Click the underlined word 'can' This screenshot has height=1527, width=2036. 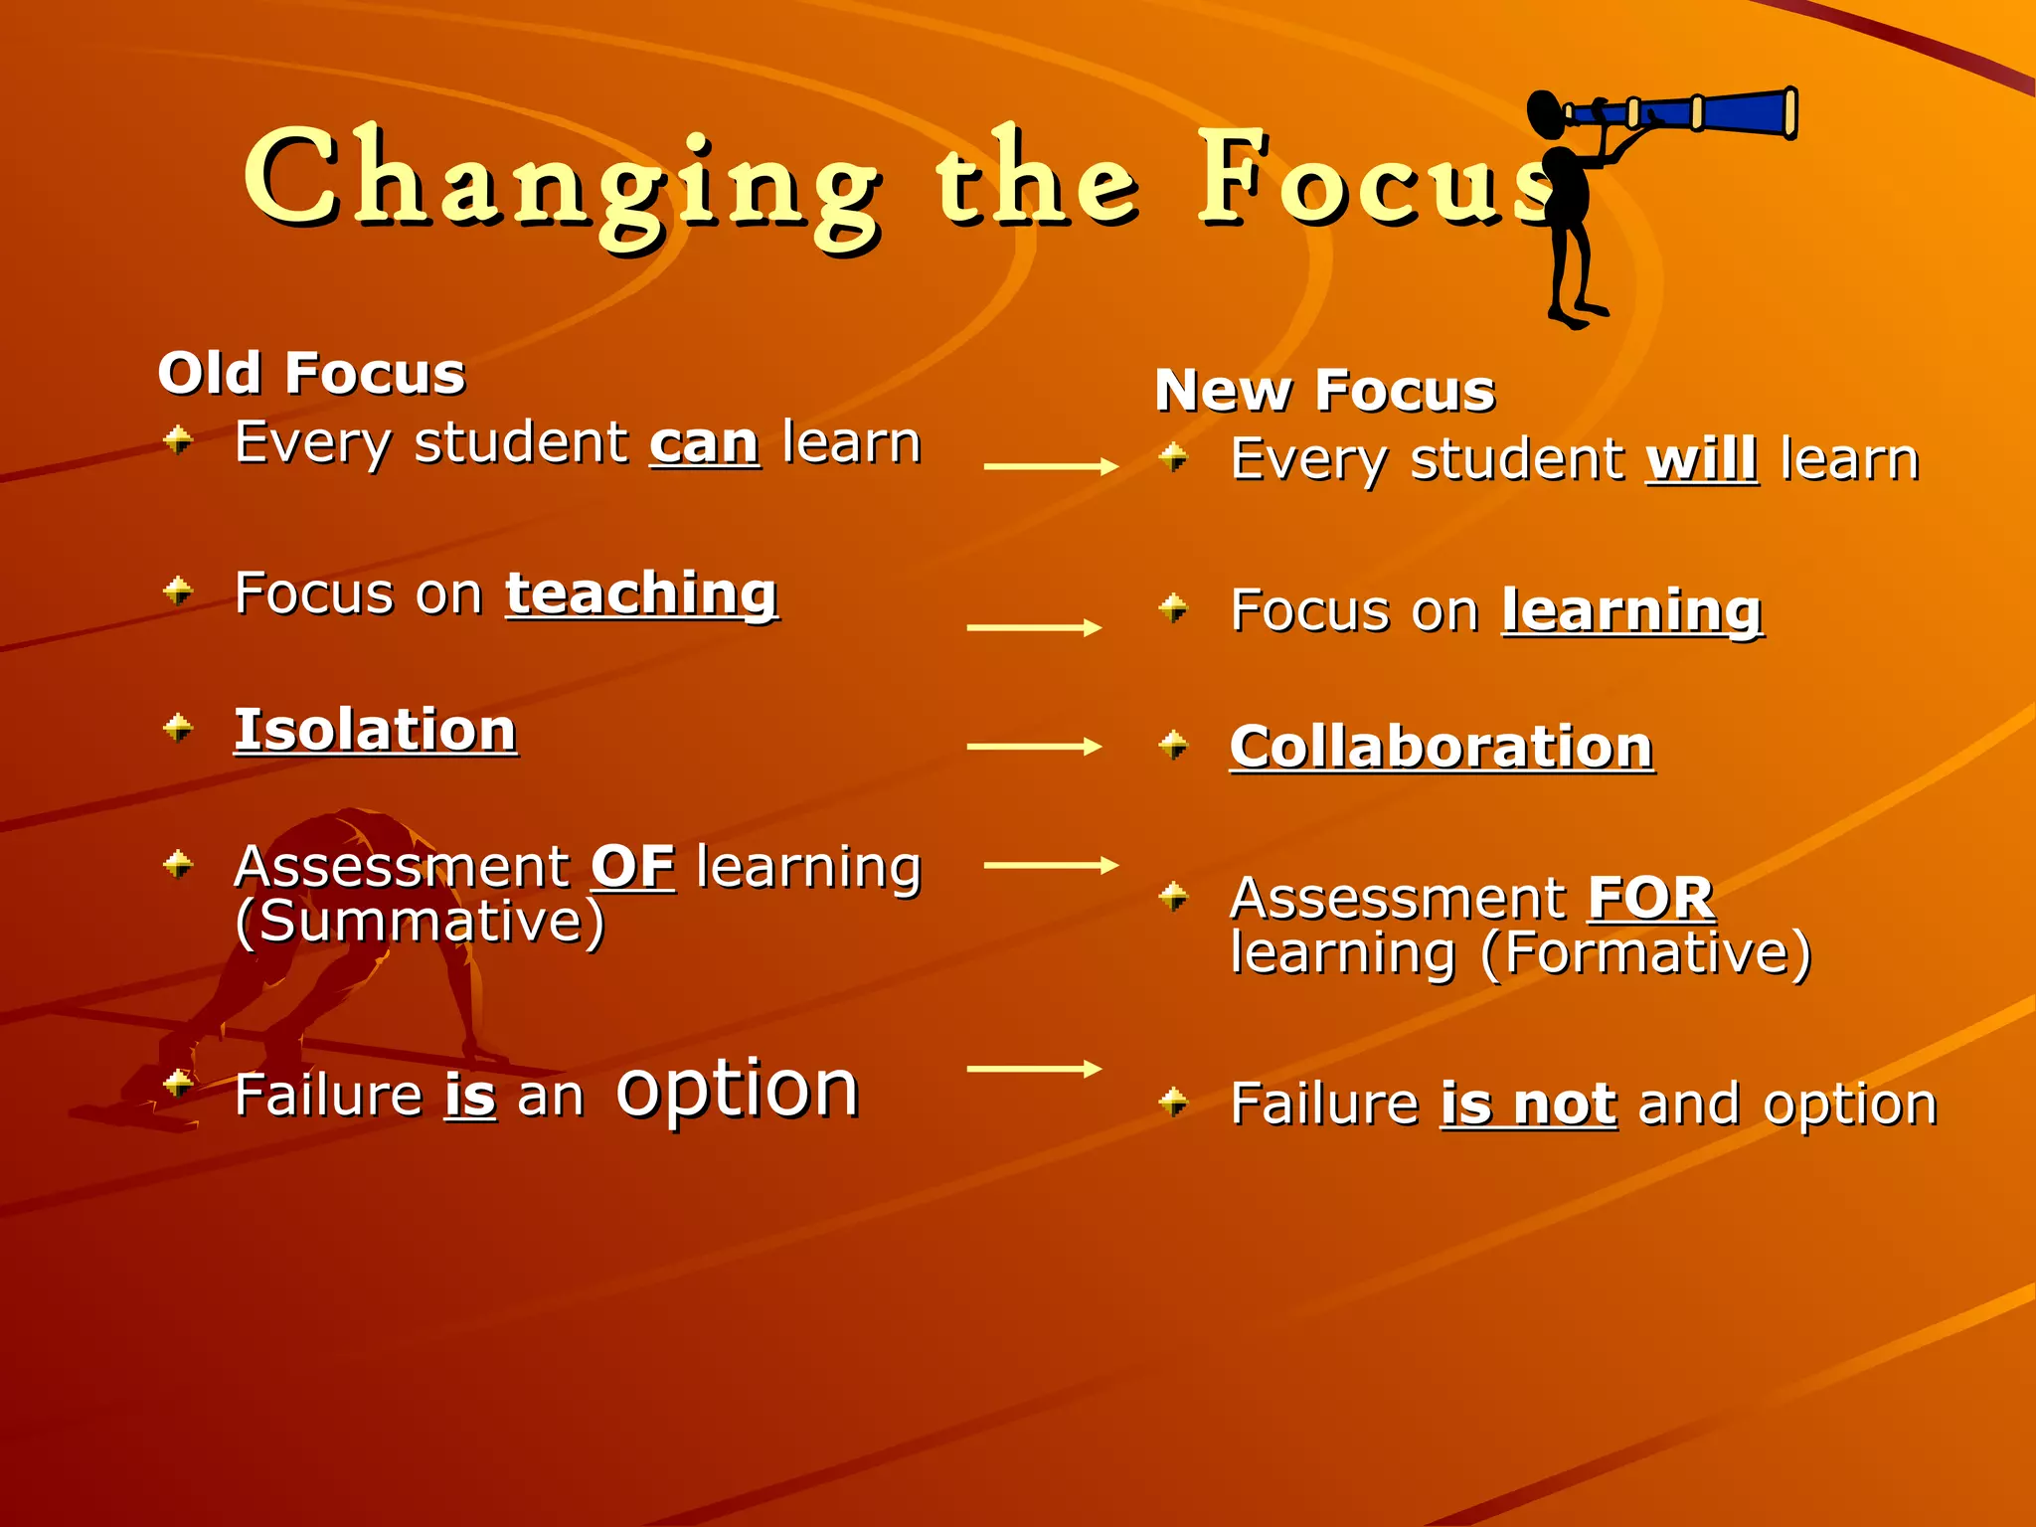click(704, 443)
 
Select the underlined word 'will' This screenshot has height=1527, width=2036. click(1702, 460)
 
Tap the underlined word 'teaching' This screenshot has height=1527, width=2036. click(641, 594)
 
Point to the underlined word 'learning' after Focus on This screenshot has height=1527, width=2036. click(1631, 611)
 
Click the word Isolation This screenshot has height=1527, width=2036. click(375, 731)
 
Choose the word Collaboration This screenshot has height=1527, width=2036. click(1442, 748)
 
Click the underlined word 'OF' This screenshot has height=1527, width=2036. click(632, 867)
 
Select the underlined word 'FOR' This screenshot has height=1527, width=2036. click(1650, 899)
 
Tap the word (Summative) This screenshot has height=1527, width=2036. click(420, 922)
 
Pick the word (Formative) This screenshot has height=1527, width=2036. click(1645, 953)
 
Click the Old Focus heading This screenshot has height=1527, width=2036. click(311, 374)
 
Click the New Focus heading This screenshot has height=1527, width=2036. click(1325, 391)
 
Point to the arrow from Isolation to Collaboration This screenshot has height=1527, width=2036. click(1034, 747)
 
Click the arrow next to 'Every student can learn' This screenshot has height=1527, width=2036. click(1051, 466)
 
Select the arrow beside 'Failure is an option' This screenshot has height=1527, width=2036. click(1034, 1069)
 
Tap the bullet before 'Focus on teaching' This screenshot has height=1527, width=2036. click(179, 592)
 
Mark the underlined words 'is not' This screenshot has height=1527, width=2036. click(1529, 1104)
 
